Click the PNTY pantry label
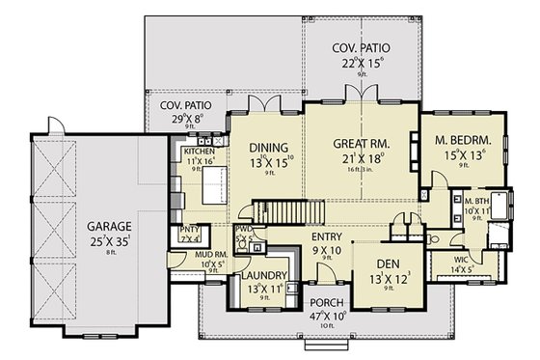point(189,229)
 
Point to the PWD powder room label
point(243,229)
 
